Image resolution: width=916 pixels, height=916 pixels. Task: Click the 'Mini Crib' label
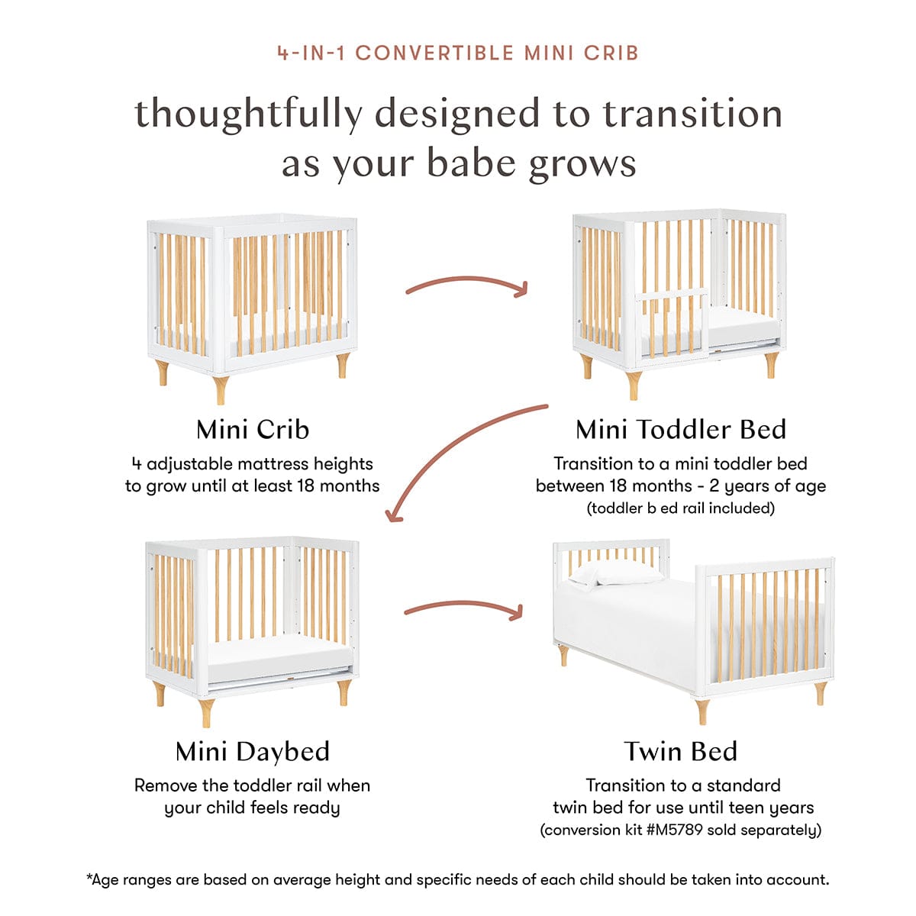253,429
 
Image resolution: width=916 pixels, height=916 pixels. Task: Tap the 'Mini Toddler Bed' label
681,429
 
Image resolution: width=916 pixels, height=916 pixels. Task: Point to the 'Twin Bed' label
681,752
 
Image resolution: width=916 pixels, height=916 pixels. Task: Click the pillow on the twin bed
616,574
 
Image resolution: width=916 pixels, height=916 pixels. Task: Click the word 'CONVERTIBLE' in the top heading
434,53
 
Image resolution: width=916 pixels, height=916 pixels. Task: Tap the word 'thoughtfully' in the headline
249,114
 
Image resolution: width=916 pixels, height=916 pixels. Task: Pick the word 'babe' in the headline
472,163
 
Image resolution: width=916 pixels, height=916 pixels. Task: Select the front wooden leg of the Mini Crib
221,390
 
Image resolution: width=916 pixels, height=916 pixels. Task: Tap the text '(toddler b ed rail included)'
681,508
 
